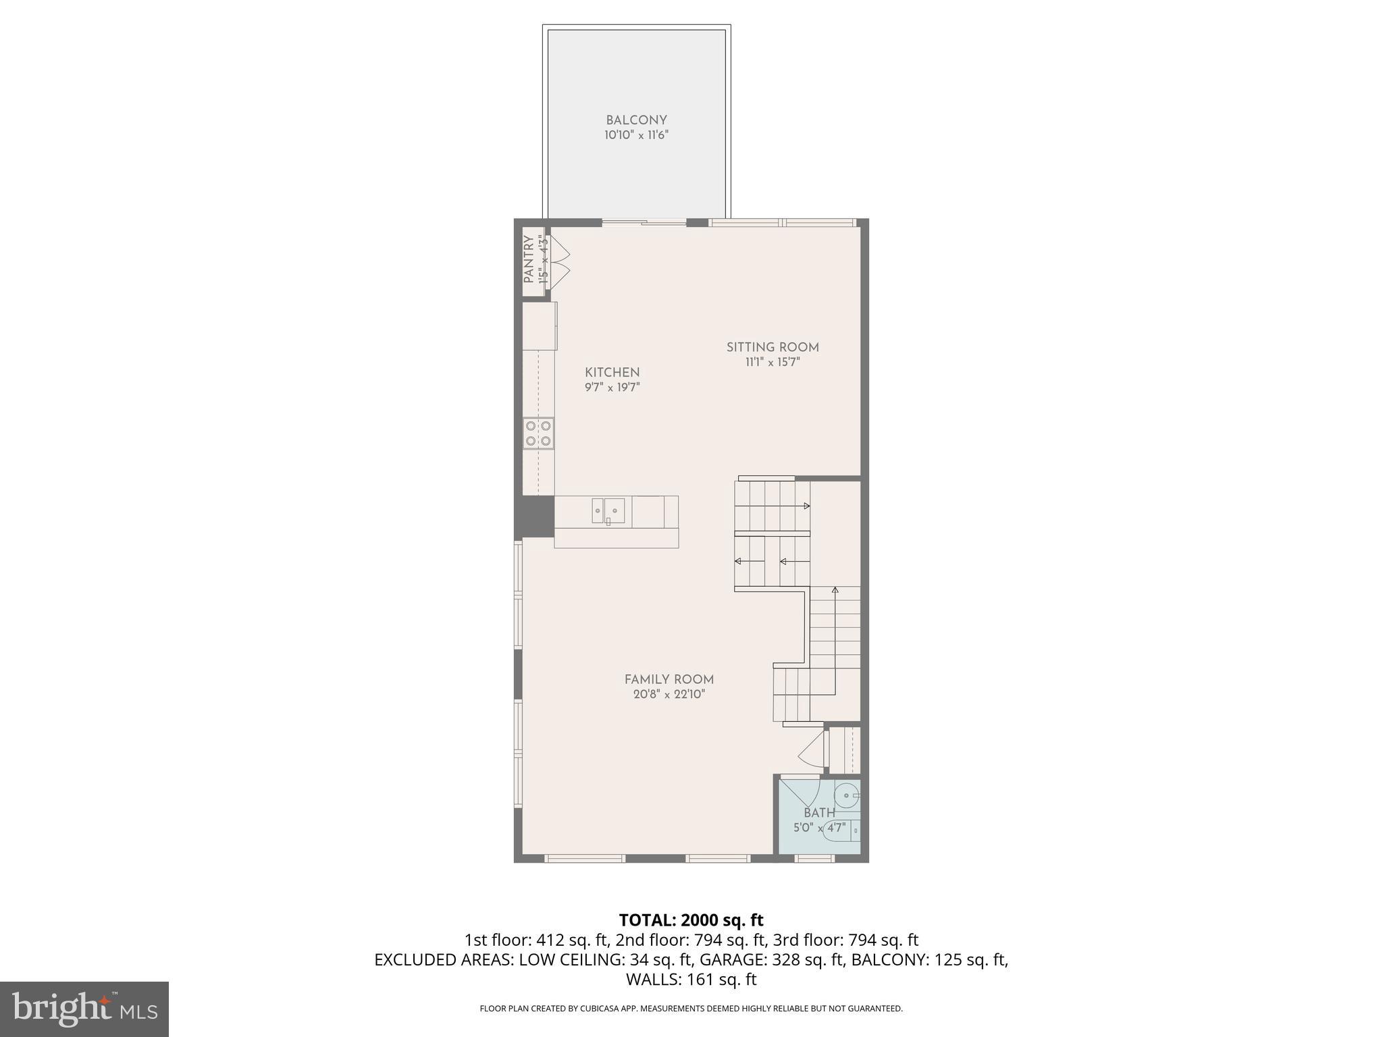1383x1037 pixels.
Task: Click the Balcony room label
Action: [x=636, y=120]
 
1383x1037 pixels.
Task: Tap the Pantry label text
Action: [x=529, y=259]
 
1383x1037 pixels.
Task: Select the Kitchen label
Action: [x=612, y=373]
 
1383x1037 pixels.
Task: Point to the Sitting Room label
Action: [x=773, y=348]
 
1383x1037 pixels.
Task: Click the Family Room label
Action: [x=669, y=680]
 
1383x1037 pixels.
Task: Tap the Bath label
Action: [x=819, y=813]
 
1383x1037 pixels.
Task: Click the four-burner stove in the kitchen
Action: [x=538, y=433]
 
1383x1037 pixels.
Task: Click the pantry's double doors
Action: [x=560, y=262]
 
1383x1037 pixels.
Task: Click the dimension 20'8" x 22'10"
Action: [x=669, y=695]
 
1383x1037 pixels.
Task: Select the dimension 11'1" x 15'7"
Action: [x=773, y=363]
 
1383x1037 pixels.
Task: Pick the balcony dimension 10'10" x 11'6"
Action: [x=636, y=135]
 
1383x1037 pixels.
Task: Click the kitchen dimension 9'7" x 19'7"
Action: [x=612, y=388]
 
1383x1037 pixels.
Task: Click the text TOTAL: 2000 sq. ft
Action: [x=691, y=920]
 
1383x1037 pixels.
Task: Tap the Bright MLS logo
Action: [x=84, y=1009]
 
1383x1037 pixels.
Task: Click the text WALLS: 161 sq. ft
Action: [x=691, y=980]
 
